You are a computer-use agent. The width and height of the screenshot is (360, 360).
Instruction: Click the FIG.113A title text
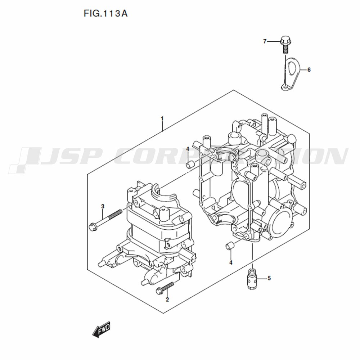(x=105, y=14)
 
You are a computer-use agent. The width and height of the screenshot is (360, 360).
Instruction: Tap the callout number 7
(x=265, y=41)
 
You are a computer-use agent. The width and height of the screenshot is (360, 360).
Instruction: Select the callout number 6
(x=309, y=69)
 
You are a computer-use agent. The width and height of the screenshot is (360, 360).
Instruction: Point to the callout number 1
(x=162, y=119)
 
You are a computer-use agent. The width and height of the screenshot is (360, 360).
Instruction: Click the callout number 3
(x=103, y=206)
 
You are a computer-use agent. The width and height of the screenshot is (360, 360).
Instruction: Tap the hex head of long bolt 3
(x=93, y=226)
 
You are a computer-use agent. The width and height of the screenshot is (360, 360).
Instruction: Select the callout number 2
(x=167, y=300)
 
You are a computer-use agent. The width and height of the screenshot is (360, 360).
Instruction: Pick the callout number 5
(x=269, y=278)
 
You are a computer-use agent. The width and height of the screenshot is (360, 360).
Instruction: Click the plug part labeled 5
(x=252, y=279)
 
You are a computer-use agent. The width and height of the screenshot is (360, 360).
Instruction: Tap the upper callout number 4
(x=188, y=149)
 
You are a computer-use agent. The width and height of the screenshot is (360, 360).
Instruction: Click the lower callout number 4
(x=231, y=262)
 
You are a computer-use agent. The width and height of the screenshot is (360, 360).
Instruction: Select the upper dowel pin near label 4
(x=190, y=165)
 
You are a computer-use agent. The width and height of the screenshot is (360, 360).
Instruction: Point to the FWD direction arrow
(x=101, y=329)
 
